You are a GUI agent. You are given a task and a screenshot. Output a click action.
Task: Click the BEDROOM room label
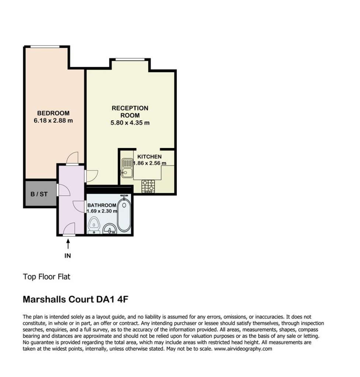coord(53,113)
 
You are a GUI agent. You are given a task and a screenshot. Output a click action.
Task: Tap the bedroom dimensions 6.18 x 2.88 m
coord(53,120)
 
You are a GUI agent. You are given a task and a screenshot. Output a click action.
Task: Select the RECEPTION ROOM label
coord(130,112)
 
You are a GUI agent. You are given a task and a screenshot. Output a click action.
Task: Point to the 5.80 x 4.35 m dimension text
coord(130,123)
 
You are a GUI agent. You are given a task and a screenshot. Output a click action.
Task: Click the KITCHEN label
coord(150,156)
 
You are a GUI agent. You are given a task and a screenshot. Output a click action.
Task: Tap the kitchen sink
coord(127,168)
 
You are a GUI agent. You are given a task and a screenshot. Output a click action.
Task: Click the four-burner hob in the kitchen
coord(148,186)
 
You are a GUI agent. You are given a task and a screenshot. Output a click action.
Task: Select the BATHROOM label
coord(102,205)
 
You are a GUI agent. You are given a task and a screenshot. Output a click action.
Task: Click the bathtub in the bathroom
coord(124,214)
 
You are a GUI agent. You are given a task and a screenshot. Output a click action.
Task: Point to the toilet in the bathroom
coord(94,226)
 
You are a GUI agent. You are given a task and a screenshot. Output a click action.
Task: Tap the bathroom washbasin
coord(110,229)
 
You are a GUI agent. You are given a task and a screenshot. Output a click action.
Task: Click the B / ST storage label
coord(39,194)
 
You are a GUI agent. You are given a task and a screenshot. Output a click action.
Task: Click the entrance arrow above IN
coord(68,244)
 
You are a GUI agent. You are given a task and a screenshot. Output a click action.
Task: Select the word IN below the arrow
coord(68,256)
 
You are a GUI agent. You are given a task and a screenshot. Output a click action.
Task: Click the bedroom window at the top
coord(45,47)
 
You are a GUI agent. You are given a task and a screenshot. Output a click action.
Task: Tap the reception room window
coord(130,59)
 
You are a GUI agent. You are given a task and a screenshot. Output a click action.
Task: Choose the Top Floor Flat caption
coord(46,277)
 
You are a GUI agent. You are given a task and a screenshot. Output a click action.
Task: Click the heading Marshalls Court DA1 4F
coord(76,299)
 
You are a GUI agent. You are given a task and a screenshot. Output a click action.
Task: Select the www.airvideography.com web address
coord(243,349)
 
